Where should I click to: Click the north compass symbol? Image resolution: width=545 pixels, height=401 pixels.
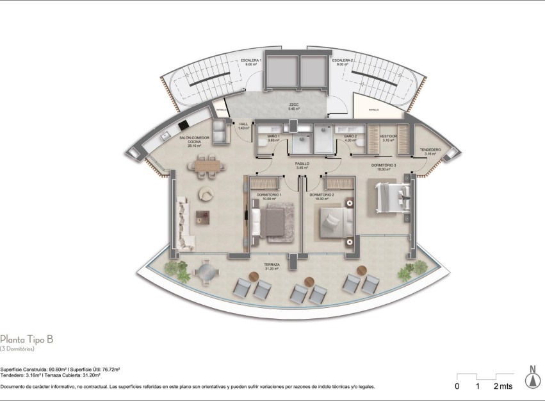[531, 378]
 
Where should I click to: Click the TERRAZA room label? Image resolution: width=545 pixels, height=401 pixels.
[272, 266]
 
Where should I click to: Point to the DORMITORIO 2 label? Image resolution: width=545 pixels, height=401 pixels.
[321, 196]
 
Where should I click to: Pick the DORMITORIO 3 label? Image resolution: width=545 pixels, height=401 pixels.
[384, 167]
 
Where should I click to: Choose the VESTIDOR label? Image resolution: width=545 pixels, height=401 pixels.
[388, 137]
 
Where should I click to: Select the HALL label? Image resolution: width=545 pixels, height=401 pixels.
[243, 126]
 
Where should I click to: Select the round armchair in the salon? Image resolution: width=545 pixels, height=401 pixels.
[207, 194]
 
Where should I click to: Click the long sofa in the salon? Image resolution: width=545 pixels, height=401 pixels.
[183, 222]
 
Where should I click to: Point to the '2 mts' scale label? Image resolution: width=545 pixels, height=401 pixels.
[503, 386]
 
